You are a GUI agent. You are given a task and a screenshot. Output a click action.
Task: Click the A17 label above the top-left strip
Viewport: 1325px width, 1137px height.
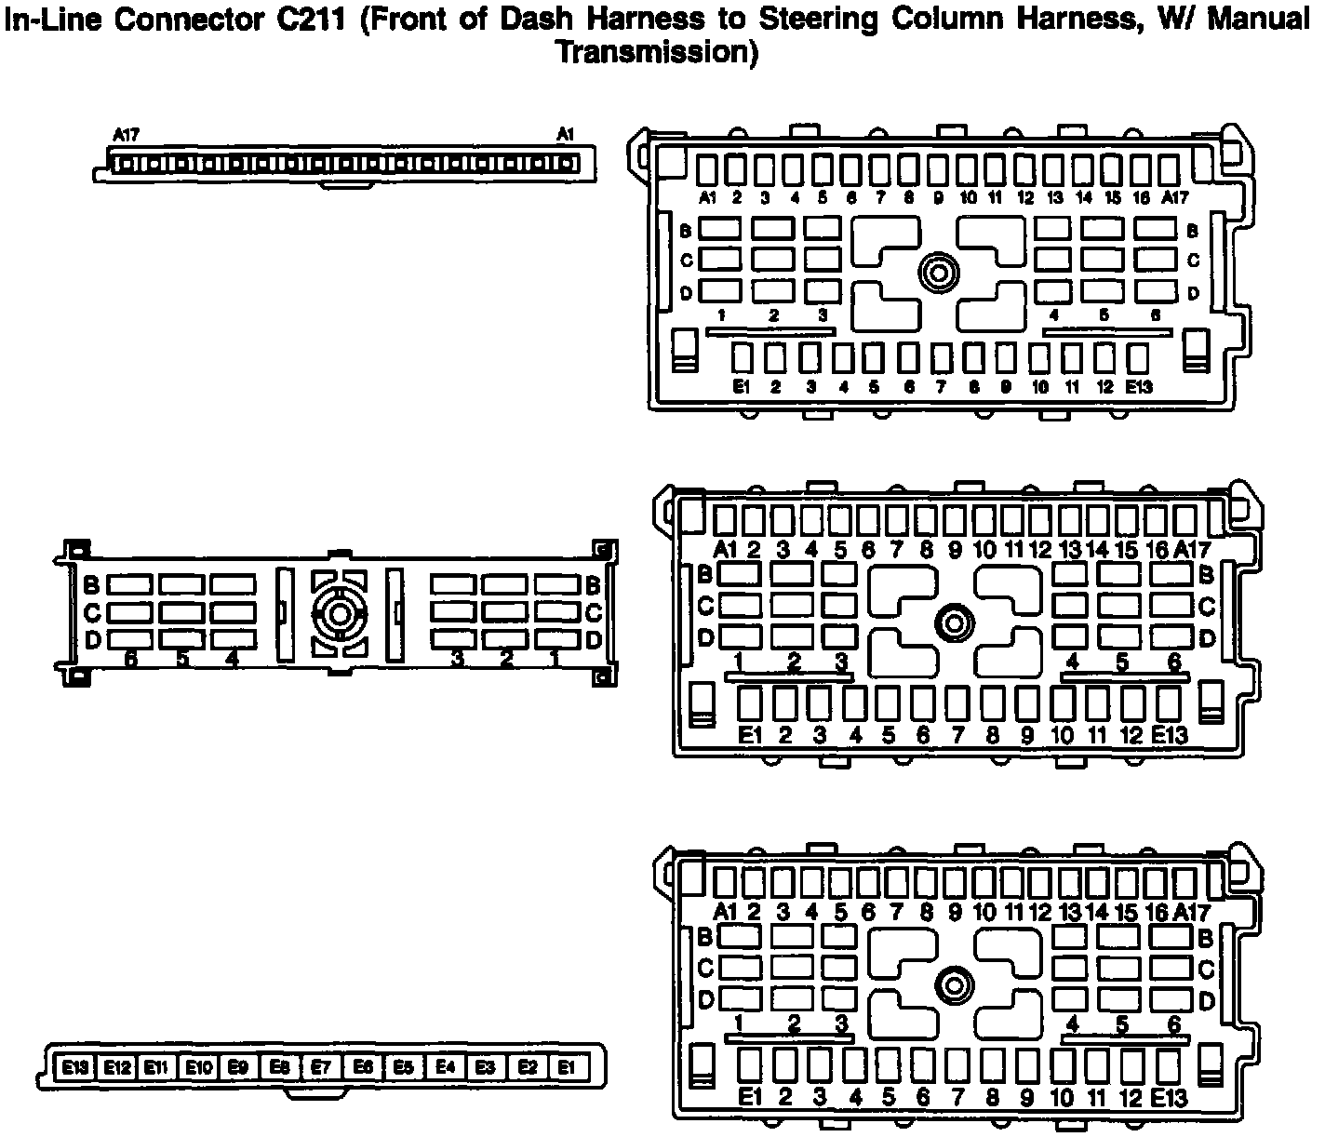tap(126, 135)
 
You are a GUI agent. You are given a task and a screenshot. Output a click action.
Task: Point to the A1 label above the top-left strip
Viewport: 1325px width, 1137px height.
tap(565, 135)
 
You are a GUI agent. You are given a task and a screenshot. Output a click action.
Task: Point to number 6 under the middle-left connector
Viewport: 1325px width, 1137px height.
tap(130, 660)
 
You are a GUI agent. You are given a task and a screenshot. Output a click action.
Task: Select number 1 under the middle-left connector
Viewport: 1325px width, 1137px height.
tap(555, 660)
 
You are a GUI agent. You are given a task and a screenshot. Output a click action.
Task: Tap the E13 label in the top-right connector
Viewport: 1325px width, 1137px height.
tap(1138, 387)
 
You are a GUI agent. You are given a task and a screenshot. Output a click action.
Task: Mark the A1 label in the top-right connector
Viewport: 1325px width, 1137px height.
tap(707, 197)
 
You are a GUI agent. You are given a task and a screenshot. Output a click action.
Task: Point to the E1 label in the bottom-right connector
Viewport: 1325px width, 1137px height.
tap(750, 1098)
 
